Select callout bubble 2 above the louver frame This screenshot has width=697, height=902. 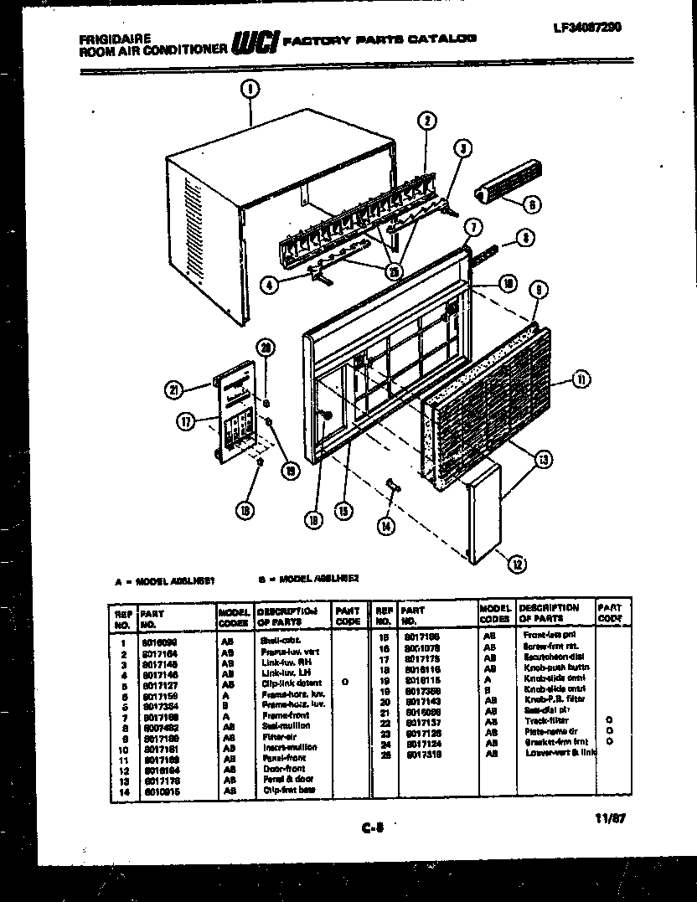(426, 121)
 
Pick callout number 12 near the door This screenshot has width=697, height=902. (516, 564)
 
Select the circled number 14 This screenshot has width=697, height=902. (385, 525)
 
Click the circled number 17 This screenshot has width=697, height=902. (185, 422)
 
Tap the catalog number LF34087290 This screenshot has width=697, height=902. (587, 26)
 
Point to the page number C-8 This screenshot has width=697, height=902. (372, 829)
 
